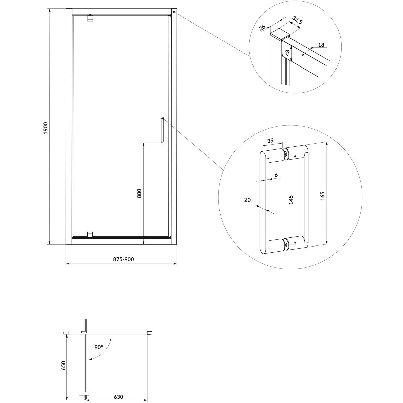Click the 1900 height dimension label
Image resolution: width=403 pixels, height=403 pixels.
[46, 128]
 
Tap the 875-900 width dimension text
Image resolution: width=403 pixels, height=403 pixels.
[123, 259]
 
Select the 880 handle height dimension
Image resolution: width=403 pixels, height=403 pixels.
[139, 193]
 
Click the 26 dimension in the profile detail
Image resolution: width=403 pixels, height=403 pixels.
[262, 28]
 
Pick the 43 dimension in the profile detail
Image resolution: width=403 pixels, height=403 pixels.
[288, 53]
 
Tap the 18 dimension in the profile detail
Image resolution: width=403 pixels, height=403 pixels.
[321, 45]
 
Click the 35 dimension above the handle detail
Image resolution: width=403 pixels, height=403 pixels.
[270, 140]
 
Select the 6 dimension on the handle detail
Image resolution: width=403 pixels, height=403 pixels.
[276, 175]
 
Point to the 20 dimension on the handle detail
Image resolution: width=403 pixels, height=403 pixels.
[247, 200]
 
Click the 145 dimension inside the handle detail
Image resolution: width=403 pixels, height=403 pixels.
[291, 200]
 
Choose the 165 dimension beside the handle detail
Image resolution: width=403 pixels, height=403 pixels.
[322, 196]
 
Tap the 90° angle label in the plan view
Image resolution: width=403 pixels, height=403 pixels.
[99, 347]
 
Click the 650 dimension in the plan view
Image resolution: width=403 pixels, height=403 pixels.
[63, 365]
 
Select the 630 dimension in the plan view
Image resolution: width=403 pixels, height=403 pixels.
[118, 391]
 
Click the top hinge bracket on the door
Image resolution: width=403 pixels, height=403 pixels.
[90, 18]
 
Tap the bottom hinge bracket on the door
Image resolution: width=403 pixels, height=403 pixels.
[90, 235]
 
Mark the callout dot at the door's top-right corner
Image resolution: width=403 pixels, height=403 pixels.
[174, 12]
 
